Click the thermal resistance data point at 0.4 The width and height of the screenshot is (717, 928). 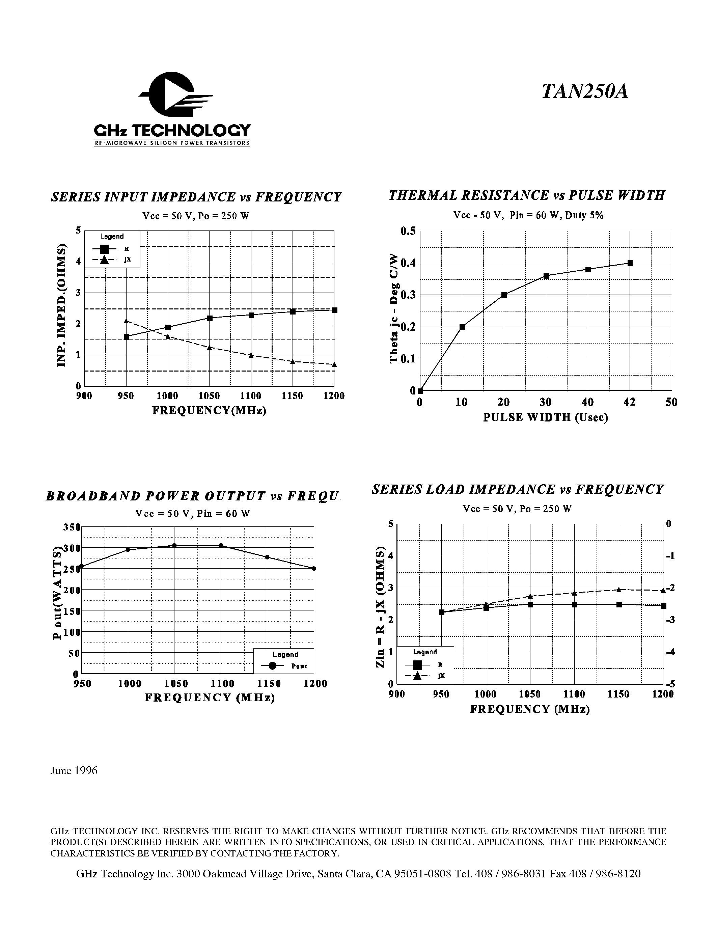(x=630, y=263)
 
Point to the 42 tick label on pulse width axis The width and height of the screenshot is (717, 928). (x=630, y=402)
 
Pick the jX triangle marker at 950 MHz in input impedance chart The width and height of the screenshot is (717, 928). (x=126, y=321)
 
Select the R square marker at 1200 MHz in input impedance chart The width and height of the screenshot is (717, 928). (x=335, y=310)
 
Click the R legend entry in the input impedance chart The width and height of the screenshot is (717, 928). (x=111, y=249)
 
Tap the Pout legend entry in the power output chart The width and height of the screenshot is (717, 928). (x=284, y=666)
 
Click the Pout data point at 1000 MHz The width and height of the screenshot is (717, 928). (x=128, y=550)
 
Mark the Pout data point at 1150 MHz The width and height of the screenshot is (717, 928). (x=267, y=557)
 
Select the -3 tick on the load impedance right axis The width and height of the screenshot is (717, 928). (x=670, y=620)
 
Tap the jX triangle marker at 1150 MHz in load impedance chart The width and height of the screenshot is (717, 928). (x=619, y=590)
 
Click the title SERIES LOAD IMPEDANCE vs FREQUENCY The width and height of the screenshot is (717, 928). (x=517, y=490)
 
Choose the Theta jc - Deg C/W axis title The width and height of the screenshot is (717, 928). (x=393, y=308)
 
